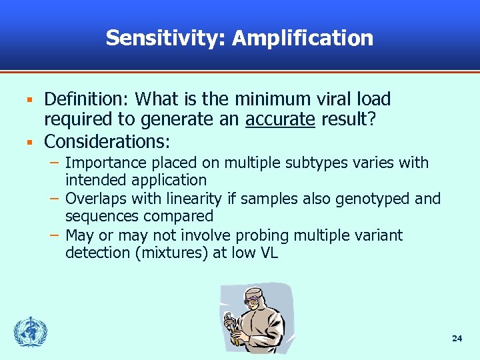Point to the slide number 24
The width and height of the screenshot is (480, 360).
coord(457,339)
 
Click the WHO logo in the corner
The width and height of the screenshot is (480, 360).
coord(30,331)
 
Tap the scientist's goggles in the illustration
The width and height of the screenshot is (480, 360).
coord(254,299)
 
